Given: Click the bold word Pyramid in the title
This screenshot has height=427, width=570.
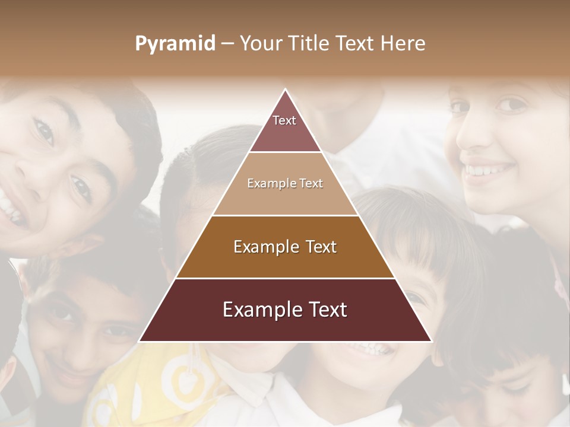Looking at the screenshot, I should pyautogui.click(x=175, y=44).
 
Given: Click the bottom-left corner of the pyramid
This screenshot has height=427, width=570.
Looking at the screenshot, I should pyautogui.click(x=141, y=341).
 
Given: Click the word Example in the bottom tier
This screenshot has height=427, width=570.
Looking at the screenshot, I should pyautogui.click(x=256, y=310).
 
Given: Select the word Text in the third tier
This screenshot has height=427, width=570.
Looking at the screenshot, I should pyautogui.click(x=321, y=247).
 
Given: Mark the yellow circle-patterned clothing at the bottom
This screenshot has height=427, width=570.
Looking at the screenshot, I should pyautogui.click(x=178, y=385).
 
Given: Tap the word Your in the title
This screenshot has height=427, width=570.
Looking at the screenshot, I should pyautogui.click(x=259, y=44).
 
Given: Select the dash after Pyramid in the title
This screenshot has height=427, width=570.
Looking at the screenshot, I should pyautogui.click(x=227, y=44).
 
